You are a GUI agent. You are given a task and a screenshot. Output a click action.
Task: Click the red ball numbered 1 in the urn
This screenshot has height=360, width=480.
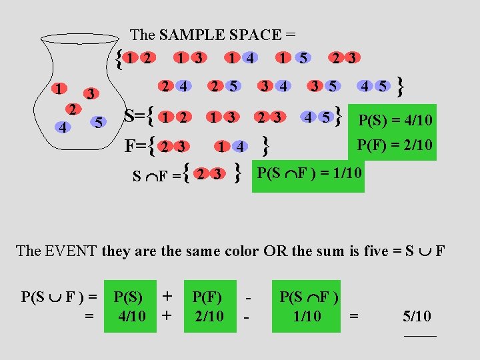click(60, 89)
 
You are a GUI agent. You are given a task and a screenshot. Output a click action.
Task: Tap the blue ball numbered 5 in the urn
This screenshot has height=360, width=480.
click(98, 123)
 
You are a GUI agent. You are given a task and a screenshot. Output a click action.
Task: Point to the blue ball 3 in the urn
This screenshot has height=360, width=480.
click(91, 93)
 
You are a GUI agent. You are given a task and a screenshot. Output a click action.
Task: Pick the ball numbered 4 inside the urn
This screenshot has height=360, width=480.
click(61, 127)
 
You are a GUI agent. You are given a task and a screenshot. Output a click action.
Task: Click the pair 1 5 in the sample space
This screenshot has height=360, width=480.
click(293, 58)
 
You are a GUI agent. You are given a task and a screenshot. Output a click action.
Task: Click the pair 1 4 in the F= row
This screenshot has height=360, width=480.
click(231, 145)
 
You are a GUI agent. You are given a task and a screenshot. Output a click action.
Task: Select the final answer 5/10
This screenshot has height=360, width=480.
click(417, 316)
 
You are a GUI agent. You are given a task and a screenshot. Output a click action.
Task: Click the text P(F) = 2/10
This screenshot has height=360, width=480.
click(395, 145)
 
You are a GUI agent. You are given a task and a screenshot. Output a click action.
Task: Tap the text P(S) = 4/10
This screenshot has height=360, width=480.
click(395, 121)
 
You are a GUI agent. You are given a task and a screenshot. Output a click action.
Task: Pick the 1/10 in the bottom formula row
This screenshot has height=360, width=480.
click(307, 315)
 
